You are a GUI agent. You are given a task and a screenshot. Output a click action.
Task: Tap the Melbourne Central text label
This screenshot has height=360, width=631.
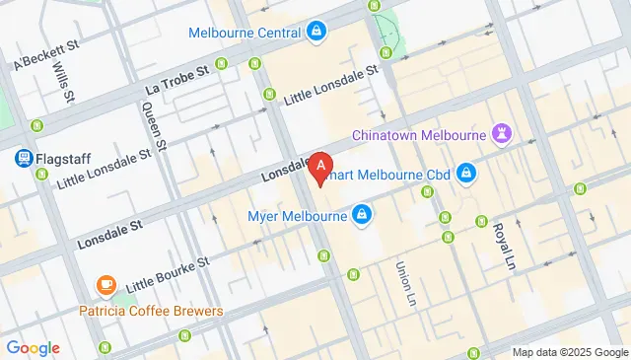[245, 33]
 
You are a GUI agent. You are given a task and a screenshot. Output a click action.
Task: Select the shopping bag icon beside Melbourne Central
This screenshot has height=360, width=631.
[316, 33]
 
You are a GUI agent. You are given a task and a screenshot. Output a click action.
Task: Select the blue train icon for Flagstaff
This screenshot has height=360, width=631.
[21, 157]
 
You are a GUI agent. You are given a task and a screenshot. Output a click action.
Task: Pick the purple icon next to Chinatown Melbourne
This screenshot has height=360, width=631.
[504, 133]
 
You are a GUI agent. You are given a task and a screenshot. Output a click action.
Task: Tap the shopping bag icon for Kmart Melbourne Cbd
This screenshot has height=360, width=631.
[466, 176]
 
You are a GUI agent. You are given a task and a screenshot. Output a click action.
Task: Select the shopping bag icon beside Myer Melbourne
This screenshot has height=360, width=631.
[362, 214]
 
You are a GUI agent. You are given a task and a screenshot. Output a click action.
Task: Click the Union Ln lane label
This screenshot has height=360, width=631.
[403, 281]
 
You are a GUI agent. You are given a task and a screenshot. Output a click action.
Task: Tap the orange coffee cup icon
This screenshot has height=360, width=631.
[105, 286]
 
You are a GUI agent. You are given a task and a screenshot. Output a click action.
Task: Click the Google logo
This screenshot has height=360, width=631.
[33, 347]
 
